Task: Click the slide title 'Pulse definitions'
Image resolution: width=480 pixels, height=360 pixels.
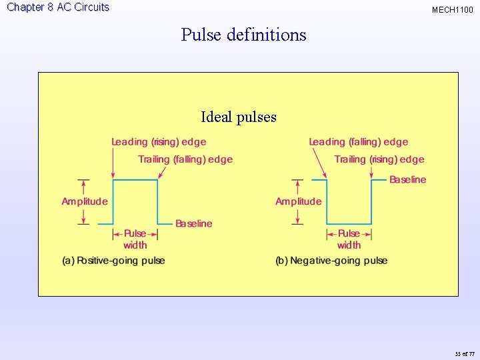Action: coord(243,35)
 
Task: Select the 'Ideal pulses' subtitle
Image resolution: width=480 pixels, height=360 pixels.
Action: coord(239,117)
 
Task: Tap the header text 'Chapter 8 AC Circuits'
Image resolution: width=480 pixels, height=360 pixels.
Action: coord(58,7)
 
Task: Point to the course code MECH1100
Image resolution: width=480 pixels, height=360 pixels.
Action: coord(453,10)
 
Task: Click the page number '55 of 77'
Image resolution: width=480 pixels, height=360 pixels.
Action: coord(464,353)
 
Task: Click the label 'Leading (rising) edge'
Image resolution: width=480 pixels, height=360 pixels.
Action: coord(159,141)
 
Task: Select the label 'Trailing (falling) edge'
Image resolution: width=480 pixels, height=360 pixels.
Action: coord(185,159)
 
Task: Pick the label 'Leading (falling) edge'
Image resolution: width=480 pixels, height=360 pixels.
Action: coord(358,141)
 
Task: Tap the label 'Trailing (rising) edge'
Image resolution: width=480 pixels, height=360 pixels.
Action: coord(379,159)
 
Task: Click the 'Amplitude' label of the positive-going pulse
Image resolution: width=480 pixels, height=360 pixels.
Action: coord(85,201)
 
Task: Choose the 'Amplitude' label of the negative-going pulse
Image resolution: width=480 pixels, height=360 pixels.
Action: coord(298,201)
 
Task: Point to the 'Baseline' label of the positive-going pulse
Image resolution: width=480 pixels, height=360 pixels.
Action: coord(193,223)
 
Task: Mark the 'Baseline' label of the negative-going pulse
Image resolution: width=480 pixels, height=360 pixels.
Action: coord(407,179)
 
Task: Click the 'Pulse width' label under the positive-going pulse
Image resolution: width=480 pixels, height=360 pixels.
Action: coord(135,239)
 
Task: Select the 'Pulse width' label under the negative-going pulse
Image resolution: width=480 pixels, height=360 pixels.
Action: coord(349,239)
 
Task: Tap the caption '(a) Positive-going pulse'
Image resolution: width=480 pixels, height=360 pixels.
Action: coord(113,261)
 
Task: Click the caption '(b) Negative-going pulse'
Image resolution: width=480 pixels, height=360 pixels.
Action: coord(331,261)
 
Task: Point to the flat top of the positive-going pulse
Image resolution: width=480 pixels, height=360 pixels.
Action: coord(135,179)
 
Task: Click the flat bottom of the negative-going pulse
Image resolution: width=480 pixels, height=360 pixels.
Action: coord(349,223)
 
